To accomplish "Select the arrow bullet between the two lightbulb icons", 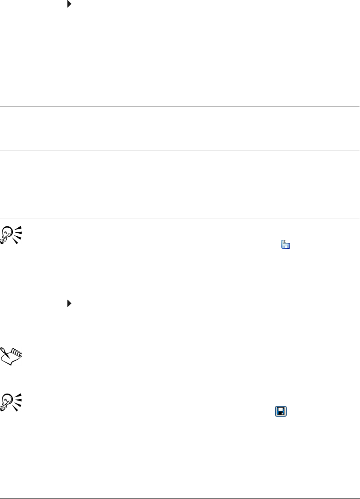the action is (69, 303).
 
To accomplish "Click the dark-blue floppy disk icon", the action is (281, 411).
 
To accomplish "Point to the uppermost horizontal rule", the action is (180, 106).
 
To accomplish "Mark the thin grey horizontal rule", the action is (180, 149).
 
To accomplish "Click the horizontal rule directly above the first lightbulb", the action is (180, 218).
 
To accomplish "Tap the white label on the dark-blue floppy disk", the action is (281, 409).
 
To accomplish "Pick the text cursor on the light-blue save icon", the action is (284, 242).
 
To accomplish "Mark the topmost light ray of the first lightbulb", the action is (19, 228).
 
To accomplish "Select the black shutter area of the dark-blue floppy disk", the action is (281, 414).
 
